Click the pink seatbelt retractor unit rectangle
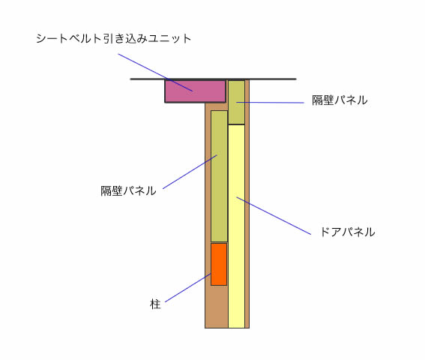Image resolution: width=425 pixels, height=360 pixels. [x=195, y=91]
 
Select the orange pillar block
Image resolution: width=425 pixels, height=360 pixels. [x=219, y=264]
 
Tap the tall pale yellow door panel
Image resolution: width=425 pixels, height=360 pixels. [x=236, y=226]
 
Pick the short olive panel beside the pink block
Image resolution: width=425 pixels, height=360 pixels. [x=236, y=102]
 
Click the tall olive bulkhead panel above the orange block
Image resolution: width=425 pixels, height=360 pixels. [x=219, y=176]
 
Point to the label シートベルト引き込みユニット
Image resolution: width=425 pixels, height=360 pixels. [x=114, y=38]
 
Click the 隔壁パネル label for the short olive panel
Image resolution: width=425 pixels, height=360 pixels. [x=340, y=100]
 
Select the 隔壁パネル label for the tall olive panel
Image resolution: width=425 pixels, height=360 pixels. [x=128, y=190]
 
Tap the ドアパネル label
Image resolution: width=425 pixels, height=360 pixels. [x=348, y=232]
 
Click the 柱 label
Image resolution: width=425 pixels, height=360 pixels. [x=155, y=304]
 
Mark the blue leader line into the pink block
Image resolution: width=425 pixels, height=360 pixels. [x=155, y=73]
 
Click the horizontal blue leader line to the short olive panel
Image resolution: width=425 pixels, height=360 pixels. [x=270, y=103]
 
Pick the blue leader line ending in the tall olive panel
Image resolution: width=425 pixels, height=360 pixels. [x=190, y=172]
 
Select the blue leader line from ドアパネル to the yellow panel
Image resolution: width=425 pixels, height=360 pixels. [x=274, y=216]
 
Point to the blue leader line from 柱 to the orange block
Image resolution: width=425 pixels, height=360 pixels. [x=188, y=287]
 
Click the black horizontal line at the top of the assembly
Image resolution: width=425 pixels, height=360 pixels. [x=213, y=79]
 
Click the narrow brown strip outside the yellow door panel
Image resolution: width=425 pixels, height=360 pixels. [x=247, y=204]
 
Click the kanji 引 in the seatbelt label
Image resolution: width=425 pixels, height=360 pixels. [x=109, y=38]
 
